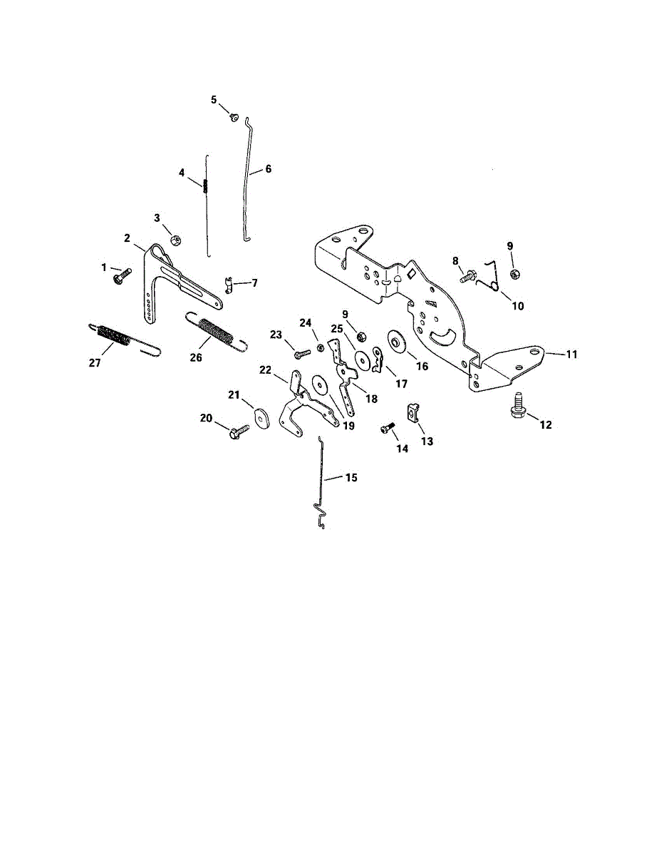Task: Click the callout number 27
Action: tap(95, 362)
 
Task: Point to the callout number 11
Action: tap(572, 354)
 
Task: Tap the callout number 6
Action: tap(268, 169)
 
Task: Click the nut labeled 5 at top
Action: tap(234, 117)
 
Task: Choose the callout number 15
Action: tap(351, 478)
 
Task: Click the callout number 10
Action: tap(517, 306)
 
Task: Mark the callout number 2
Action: tap(127, 238)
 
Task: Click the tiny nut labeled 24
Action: tap(320, 347)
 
